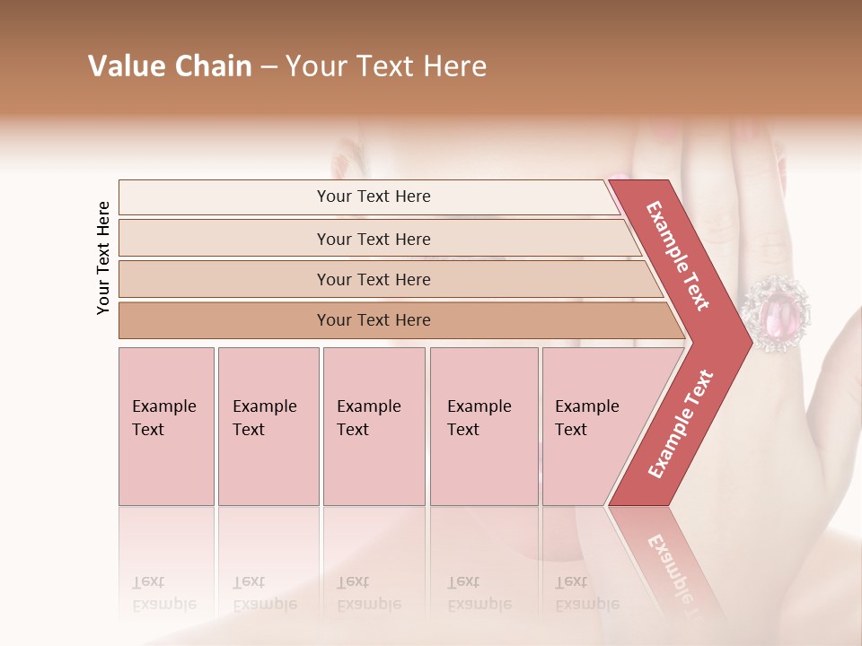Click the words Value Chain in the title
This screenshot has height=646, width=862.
[170, 66]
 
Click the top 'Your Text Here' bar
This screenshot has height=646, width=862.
[373, 196]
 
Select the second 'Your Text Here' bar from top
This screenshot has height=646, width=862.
[373, 239]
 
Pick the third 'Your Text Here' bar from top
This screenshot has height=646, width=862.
[373, 279]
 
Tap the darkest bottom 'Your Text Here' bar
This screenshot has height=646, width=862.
[373, 320]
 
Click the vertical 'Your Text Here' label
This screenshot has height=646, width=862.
[104, 258]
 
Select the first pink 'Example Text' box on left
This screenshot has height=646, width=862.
[166, 425]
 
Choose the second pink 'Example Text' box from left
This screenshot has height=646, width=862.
[268, 425]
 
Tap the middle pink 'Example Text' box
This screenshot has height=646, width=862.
[374, 425]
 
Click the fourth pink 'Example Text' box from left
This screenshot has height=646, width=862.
[483, 425]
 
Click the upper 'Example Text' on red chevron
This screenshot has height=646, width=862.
[678, 255]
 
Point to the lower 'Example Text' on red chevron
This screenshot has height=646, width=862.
[681, 424]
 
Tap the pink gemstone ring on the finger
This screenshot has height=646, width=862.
[775, 314]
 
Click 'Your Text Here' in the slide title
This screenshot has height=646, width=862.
[386, 66]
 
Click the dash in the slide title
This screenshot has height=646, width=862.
[268, 67]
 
